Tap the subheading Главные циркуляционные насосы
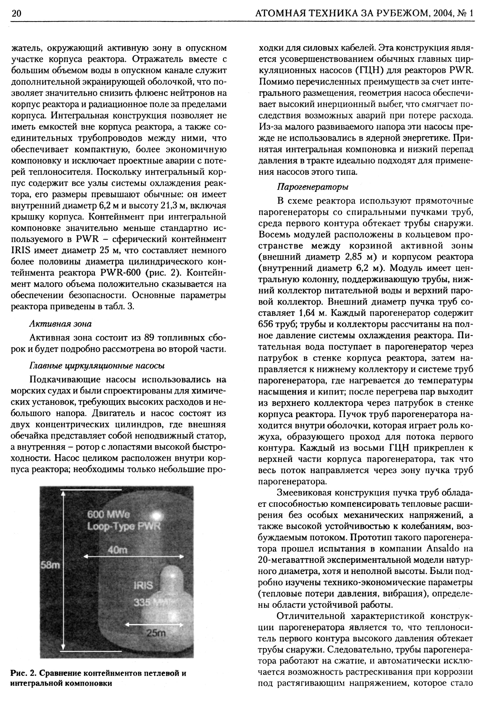[x=97, y=366]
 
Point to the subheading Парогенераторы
[x=313, y=187]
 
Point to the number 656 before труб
[x=265, y=324]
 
